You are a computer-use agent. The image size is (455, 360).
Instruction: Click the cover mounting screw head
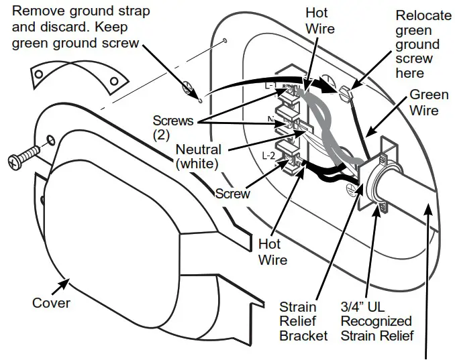click(15, 161)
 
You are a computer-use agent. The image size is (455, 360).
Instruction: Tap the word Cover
click(51, 303)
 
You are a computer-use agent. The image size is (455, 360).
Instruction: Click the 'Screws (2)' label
click(173, 127)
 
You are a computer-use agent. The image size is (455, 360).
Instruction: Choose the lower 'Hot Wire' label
click(273, 252)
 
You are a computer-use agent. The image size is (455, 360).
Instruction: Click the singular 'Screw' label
click(233, 194)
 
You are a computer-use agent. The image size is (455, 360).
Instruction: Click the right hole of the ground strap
click(113, 81)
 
